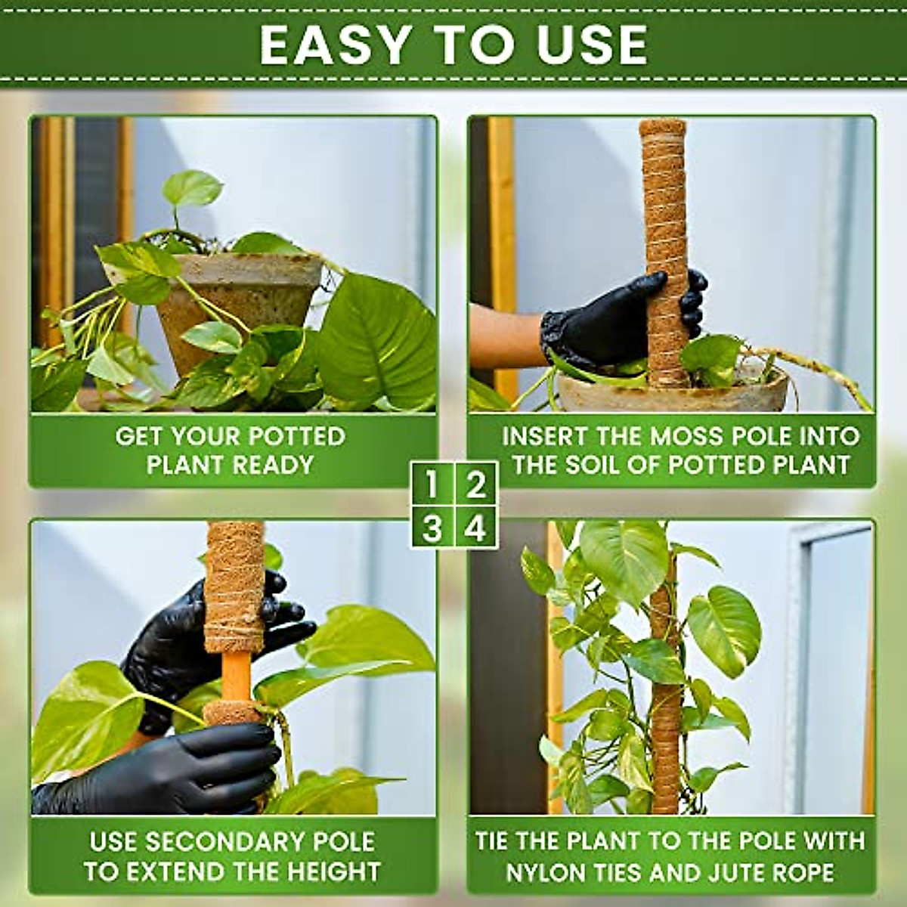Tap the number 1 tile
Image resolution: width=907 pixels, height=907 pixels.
coord(432,484)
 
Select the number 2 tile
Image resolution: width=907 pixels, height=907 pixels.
coord(475,484)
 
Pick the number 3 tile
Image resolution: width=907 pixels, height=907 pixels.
coord(432,528)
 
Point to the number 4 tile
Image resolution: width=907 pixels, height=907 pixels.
coord(475,528)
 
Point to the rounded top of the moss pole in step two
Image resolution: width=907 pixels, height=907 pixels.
coord(663,128)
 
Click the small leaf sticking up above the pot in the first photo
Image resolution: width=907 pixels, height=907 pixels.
coord(193,189)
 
